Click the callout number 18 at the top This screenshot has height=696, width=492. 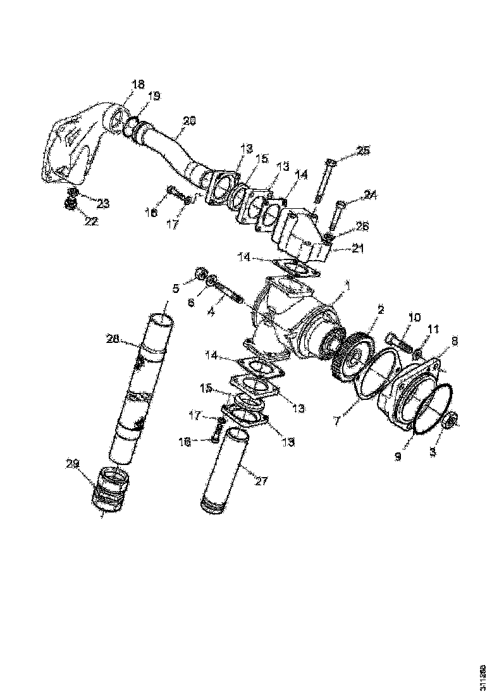(138, 84)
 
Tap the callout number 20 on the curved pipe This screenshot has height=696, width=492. (190, 120)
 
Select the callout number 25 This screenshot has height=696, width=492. (363, 151)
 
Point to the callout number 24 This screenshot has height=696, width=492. (371, 196)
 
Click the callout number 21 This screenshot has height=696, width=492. (359, 249)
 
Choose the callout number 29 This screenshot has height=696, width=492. (73, 464)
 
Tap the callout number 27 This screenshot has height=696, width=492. (261, 482)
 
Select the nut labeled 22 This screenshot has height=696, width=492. (72, 204)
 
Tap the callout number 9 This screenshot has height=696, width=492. (398, 456)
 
